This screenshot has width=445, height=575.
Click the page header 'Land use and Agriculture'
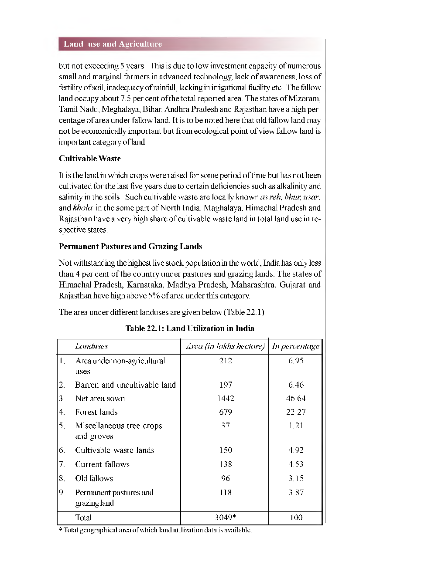[x=113, y=44]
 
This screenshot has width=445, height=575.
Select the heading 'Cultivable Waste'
[x=89, y=159]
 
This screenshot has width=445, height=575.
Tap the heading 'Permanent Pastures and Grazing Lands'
[x=130, y=246]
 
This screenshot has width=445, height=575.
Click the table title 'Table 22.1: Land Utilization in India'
[x=190, y=328]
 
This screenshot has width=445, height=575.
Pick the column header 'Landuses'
[x=91, y=346]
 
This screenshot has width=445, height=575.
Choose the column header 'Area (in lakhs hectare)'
[x=225, y=346]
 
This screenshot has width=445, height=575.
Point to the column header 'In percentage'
[x=295, y=346]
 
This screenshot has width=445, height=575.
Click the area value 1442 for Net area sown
[x=226, y=398]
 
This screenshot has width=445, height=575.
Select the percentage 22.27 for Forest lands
[x=296, y=412]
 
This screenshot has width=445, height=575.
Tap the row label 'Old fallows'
[x=94, y=478]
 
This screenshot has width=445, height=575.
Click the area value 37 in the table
[x=226, y=426]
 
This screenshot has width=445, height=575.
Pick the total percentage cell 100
[x=296, y=517]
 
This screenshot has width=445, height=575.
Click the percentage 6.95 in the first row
[x=296, y=361]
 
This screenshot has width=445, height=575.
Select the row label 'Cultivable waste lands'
[x=114, y=450]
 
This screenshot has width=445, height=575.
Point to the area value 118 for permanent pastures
[x=226, y=492]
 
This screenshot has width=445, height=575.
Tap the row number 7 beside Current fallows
[x=62, y=464]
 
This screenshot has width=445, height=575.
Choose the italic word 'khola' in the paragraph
[x=82, y=208]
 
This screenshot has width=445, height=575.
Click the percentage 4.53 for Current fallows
[x=296, y=464]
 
